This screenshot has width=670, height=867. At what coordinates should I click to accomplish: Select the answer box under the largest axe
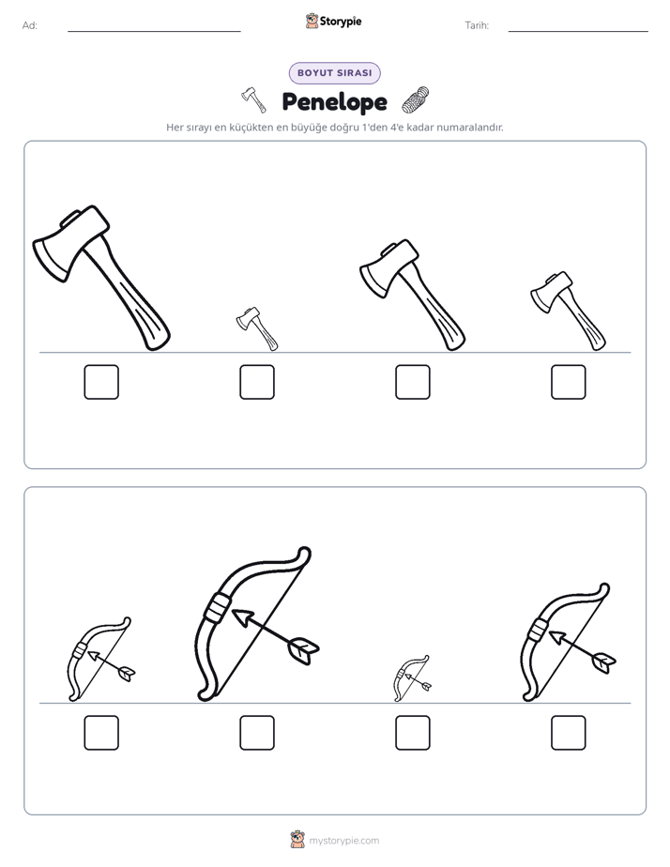point(101,382)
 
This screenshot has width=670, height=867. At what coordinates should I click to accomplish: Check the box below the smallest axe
point(257,382)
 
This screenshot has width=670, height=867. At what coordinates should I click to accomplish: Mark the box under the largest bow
point(257,733)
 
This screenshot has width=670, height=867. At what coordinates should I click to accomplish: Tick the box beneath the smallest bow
point(413,733)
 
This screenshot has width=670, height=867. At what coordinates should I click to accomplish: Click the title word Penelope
point(334,101)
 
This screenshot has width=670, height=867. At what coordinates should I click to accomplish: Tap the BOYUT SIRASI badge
point(334,73)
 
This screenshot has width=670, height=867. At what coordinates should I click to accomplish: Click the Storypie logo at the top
point(333,21)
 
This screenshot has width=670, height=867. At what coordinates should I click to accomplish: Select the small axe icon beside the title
point(253,100)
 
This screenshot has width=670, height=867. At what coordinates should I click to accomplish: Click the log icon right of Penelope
point(415,100)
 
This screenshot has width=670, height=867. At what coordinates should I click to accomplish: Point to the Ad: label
point(30,25)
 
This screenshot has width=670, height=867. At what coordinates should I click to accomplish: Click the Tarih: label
point(477,25)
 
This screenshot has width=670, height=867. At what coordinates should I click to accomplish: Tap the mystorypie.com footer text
point(343,841)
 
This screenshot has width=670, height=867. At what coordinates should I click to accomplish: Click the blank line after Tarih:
point(578,32)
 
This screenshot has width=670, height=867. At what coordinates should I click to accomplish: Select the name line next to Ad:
point(154,32)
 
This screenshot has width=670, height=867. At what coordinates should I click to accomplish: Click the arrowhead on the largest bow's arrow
point(241,617)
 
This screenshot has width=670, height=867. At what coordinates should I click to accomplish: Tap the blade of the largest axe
point(51,258)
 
